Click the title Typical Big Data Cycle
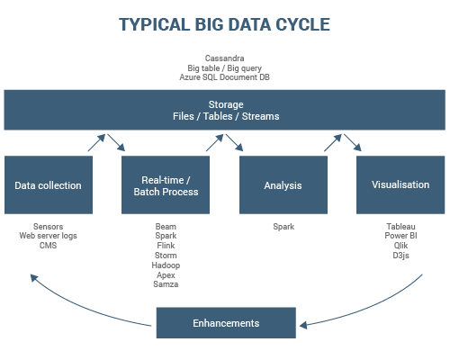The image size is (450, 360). tap(224, 24)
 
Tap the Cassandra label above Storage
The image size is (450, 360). tap(224, 58)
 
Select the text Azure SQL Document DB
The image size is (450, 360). tap(224, 78)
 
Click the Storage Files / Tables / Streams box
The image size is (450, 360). tap(224, 110)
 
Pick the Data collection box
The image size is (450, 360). tap(48, 185)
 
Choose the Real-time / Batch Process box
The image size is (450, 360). tap(166, 185)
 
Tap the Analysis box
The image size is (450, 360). tap(283, 185)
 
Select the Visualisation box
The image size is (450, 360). tap(400, 185)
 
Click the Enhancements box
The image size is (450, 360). tap(226, 323)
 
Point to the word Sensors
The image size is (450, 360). tap(48, 227)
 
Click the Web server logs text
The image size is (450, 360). tap(48, 236)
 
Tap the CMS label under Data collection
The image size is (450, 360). tap(48, 246)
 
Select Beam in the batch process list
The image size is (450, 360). tap(166, 227)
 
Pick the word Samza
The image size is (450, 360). tap(166, 284)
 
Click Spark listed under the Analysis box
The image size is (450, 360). tap(283, 227)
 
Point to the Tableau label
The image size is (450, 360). tap(400, 227)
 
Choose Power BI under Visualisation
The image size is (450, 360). tap(400, 236)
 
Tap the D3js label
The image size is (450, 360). tap(400, 256)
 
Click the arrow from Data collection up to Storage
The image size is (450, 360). tap(96, 142)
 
